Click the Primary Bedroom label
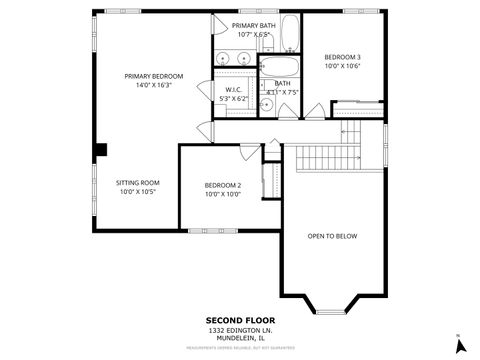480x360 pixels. (x=153, y=76)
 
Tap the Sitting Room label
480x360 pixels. (x=138, y=182)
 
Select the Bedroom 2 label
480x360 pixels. (x=222, y=185)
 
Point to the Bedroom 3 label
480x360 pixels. (x=343, y=57)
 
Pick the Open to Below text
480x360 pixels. (x=332, y=236)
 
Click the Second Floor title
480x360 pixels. (x=239, y=320)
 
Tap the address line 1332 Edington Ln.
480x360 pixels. (x=239, y=329)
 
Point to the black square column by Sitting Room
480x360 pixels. (x=100, y=150)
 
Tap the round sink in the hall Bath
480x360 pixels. (x=267, y=104)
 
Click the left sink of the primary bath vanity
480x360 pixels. (x=222, y=59)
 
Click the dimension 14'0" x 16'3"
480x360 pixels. (x=153, y=86)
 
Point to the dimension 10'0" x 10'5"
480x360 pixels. (x=138, y=191)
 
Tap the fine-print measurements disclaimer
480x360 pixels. (x=239, y=349)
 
